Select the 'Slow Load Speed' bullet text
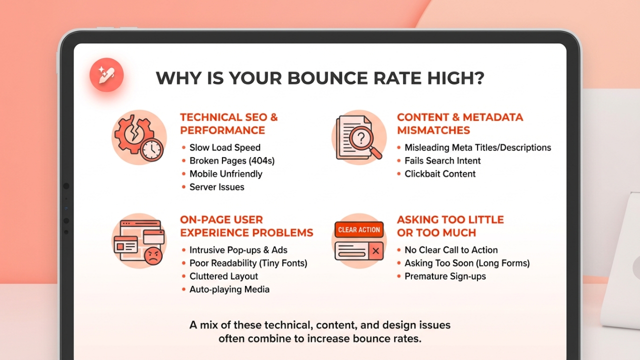[225, 147]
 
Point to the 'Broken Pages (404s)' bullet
[232, 160]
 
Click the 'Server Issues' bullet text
[217, 187]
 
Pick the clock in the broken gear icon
[152, 149]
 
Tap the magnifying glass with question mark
[362, 137]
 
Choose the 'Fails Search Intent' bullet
[442, 160]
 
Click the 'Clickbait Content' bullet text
[440, 174]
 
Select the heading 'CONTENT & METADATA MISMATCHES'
[459, 123]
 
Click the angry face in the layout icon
[153, 257]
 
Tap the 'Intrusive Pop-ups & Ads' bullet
[238, 250]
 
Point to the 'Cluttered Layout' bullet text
[224, 276]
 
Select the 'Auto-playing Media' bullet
[229, 289]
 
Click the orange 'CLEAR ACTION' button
[359, 230]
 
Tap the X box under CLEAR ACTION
[376, 250]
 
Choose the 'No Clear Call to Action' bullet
[451, 250]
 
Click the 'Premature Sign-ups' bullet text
[445, 276]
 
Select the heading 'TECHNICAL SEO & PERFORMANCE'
[228, 123]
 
